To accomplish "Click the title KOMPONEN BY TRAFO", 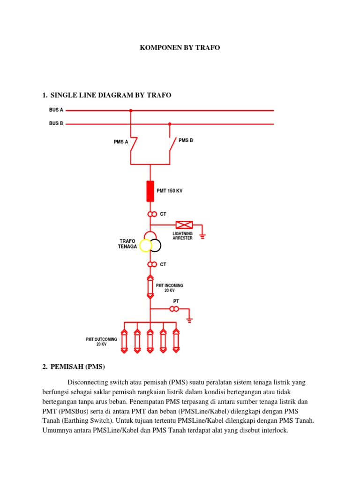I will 180,48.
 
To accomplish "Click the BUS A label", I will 56,110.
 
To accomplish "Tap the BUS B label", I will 56,124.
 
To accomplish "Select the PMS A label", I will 120,142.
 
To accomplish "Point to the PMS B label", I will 186,140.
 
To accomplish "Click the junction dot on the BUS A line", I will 131,111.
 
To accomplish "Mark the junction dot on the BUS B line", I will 170,124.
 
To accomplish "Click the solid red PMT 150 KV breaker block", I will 150,191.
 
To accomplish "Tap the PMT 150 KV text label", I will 169,191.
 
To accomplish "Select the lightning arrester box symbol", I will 184,225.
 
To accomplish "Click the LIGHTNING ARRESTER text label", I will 182,236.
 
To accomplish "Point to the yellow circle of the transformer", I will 144,245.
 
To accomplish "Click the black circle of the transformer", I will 155,245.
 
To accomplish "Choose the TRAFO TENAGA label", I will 127,244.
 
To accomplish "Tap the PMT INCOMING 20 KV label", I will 169,288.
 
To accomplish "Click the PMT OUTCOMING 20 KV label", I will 101,342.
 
